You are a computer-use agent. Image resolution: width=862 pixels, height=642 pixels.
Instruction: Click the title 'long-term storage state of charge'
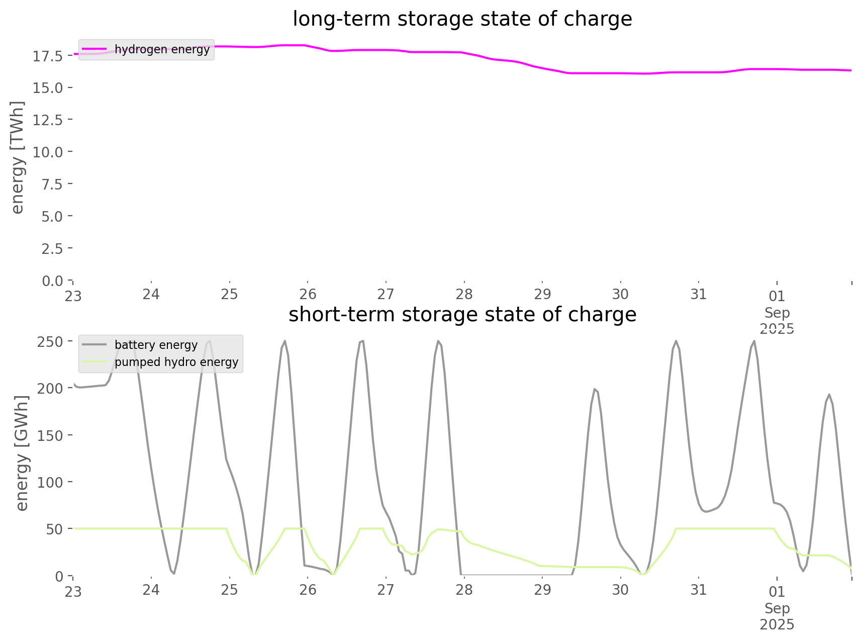pyautogui.click(x=462, y=19)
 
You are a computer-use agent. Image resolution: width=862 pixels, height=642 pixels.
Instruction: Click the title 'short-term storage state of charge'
pyautogui.click(x=462, y=315)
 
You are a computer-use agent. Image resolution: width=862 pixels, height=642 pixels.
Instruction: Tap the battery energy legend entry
pyautogui.click(x=156, y=345)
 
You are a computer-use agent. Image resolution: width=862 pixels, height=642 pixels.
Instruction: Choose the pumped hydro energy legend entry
pyautogui.click(x=176, y=362)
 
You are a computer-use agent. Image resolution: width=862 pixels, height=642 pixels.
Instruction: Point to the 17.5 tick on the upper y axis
pyautogui.click(x=48, y=56)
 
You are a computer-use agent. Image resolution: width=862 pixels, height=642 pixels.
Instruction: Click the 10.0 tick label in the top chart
pyautogui.click(x=48, y=152)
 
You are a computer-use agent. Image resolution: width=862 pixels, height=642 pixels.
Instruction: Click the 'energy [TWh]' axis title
pyautogui.click(x=18, y=157)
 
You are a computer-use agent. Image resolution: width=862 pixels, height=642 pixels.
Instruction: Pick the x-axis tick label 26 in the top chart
pyautogui.click(x=308, y=294)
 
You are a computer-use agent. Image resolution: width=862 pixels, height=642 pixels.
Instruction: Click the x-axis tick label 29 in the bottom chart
pyautogui.click(x=542, y=590)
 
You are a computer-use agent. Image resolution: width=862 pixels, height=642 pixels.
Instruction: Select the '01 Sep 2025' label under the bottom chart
pyautogui.click(x=777, y=608)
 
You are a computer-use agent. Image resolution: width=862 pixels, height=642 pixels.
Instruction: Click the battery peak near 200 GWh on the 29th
pyautogui.click(x=594, y=389)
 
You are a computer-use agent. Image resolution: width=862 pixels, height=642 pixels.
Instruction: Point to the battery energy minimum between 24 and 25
pyautogui.click(x=173, y=573)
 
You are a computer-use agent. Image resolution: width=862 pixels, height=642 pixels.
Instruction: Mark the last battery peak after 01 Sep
pyautogui.click(x=829, y=394)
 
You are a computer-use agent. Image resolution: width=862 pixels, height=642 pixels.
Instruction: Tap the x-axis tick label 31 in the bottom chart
pyautogui.click(x=699, y=590)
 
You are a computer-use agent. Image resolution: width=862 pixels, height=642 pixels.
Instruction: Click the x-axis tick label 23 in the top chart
pyautogui.click(x=73, y=296)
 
